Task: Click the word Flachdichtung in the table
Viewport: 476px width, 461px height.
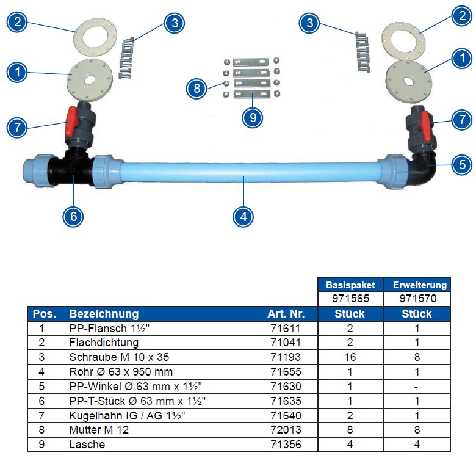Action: point(104,343)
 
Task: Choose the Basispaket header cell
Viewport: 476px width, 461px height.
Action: point(350,285)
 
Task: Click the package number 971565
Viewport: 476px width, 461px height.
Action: point(350,299)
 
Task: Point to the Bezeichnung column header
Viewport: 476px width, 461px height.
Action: point(104,314)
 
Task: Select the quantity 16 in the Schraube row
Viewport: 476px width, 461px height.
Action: point(350,357)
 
